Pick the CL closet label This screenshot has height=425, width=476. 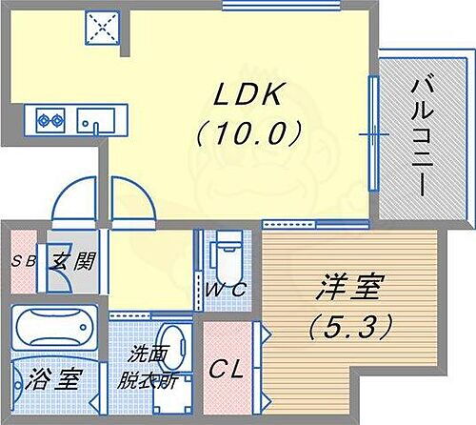227,367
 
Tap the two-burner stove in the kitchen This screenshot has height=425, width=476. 50,120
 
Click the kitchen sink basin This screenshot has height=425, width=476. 96,121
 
